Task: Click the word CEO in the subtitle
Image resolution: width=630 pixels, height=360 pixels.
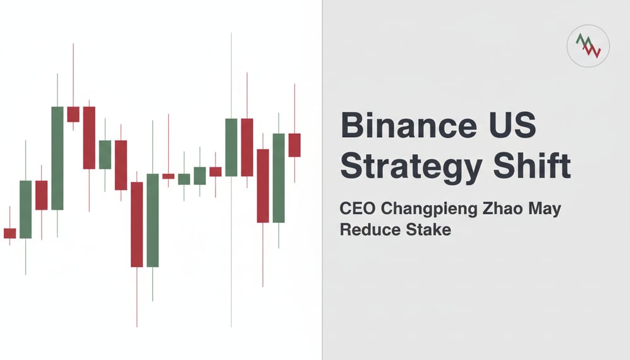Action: pos(358,208)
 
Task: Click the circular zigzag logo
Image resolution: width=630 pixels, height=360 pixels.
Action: pos(588,46)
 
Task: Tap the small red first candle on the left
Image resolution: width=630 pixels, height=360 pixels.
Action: pos(9,233)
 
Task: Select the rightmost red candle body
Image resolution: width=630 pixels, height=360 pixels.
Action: pos(294,145)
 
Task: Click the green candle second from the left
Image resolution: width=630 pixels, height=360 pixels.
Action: pos(25,209)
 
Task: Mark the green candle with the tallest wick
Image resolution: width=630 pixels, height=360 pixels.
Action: pos(231,147)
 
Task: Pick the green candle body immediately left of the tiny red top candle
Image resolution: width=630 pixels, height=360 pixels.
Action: pos(58,158)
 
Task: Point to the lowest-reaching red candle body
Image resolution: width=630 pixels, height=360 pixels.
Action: pos(136,224)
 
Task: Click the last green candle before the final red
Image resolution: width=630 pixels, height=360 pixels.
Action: pos(279,177)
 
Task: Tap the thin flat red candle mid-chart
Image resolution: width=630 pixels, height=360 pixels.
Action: pos(168,176)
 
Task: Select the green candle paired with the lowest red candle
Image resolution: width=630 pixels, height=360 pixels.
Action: pos(152,220)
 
